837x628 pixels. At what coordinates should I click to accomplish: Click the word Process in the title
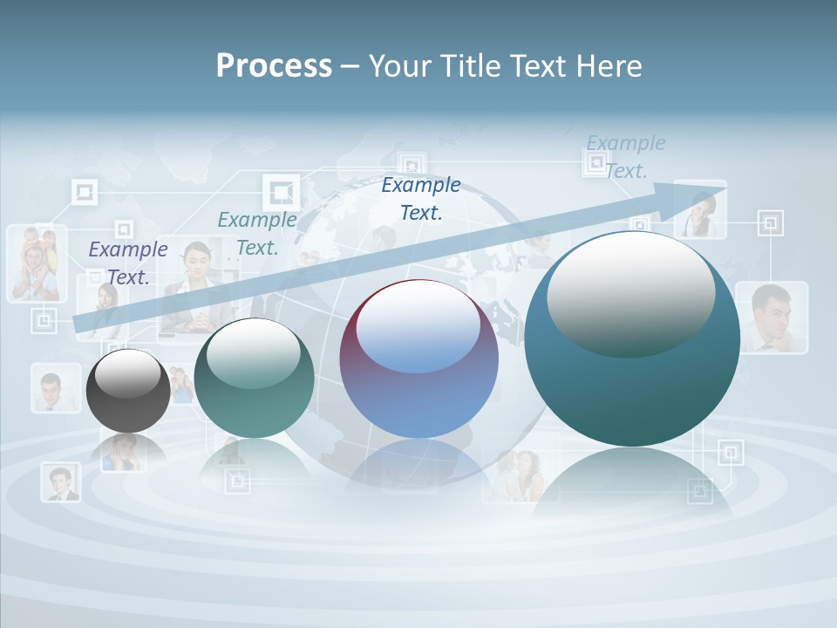(274, 66)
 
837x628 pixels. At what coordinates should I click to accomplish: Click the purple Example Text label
(128, 263)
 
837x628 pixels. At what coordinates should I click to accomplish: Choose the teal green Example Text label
(257, 233)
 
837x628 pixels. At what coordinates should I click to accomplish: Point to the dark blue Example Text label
(421, 198)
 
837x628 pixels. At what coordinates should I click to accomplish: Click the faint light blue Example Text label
(626, 157)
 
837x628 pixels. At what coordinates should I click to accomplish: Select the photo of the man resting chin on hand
(771, 317)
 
